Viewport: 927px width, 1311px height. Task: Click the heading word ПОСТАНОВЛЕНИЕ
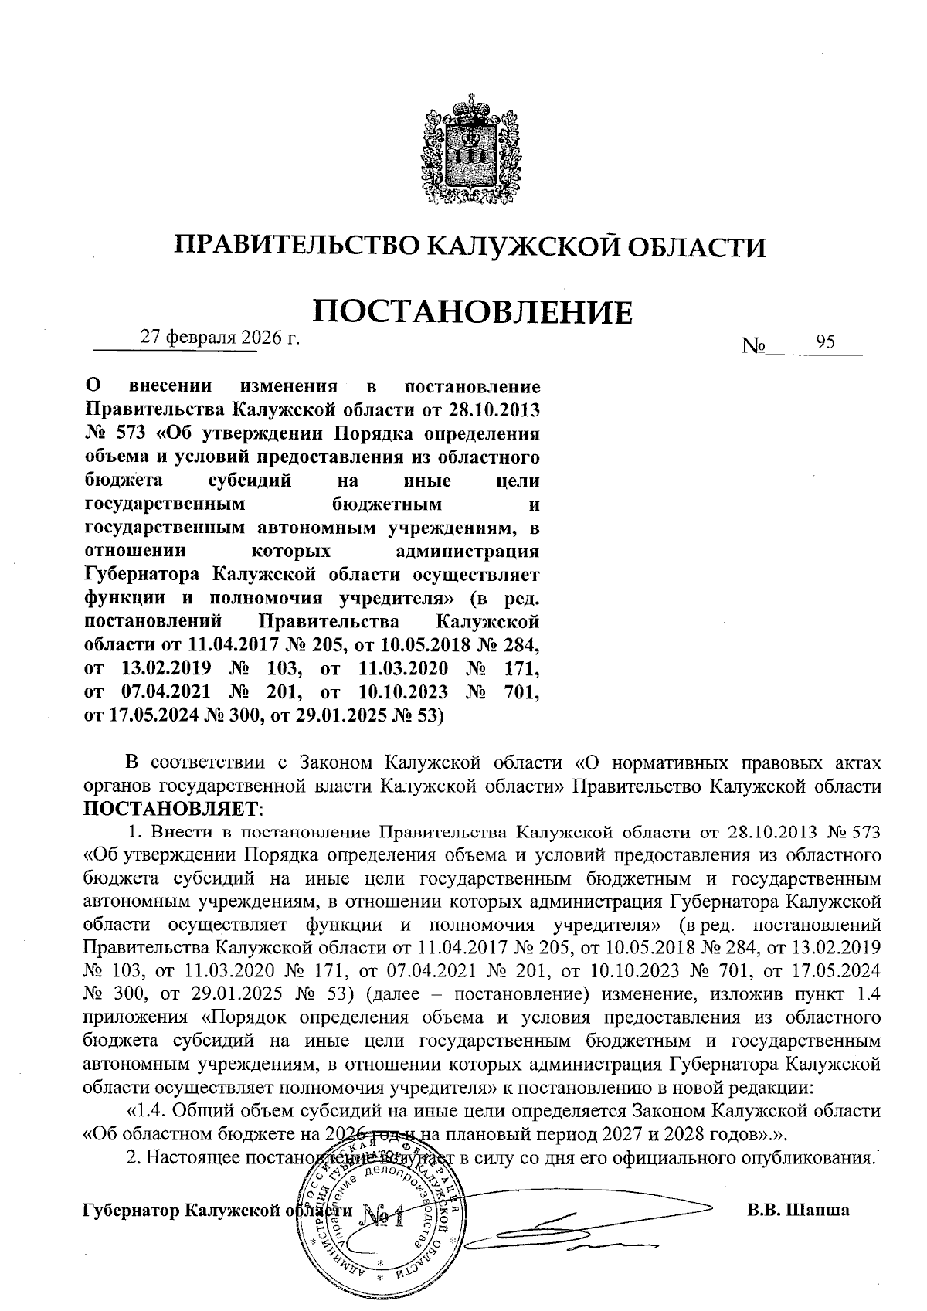471,313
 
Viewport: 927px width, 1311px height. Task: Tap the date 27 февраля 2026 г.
219,338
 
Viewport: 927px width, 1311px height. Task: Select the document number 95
825,343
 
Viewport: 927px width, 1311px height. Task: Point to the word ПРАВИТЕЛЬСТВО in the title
296,246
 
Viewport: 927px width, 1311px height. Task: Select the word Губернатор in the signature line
131,1211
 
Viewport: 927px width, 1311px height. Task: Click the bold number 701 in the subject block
521,693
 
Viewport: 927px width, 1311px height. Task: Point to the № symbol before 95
753,345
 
